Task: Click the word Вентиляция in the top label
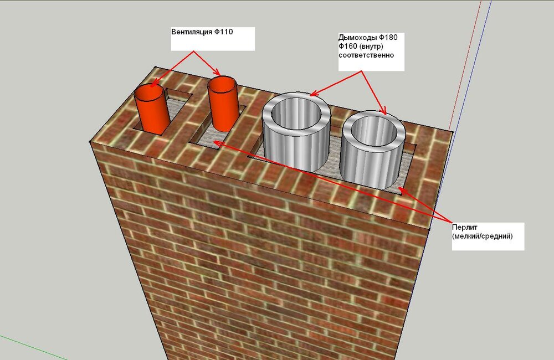tap(192, 32)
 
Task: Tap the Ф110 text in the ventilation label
tap(223, 32)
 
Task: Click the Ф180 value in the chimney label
tap(388, 38)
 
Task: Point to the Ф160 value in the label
tap(348, 47)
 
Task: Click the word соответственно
tap(366, 55)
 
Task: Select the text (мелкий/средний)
tap(483, 236)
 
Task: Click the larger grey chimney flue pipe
tap(296, 131)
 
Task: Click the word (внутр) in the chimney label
tap(371, 47)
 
